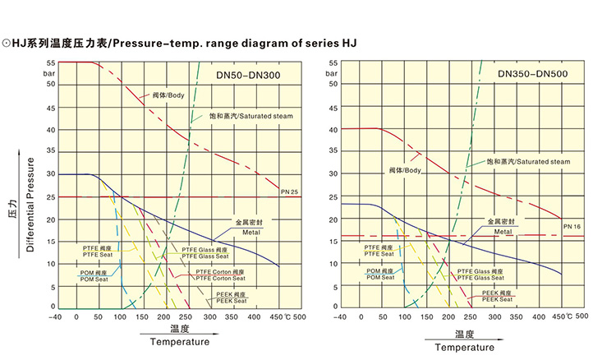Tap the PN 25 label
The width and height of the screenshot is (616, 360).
pos(288,192)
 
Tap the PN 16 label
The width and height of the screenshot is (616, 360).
pos(572,225)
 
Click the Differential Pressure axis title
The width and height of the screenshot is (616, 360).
pos(30,201)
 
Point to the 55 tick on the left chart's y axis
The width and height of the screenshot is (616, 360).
pos(50,62)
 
